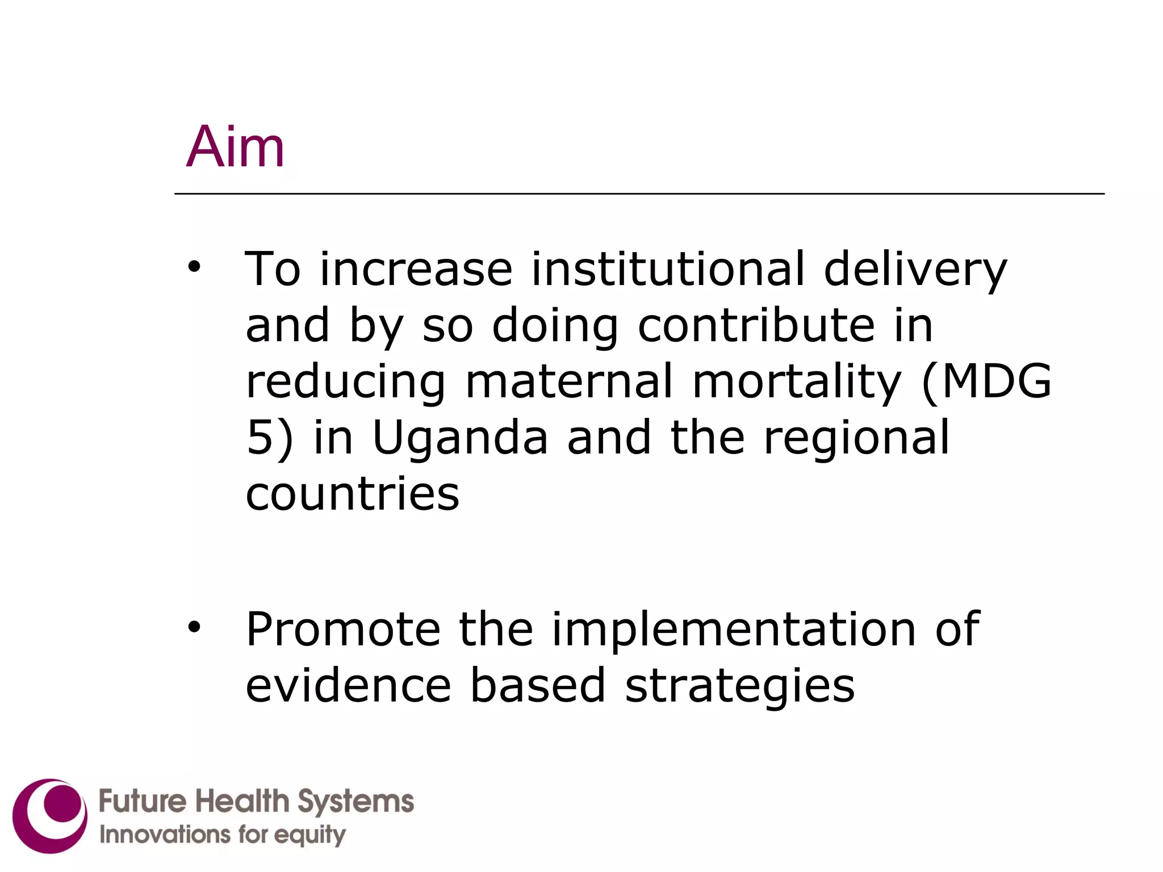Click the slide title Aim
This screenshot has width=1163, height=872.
[x=235, y=147]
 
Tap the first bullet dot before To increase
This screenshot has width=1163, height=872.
[x=195, y=266]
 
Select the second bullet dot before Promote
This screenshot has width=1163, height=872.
[x=195, y=627]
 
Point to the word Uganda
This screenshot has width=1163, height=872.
[x=460, y=439]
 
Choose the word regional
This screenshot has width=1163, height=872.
[x=856, y=439]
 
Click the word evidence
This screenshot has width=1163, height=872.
[x=348, y=685]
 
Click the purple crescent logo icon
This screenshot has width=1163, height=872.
[x=51, y=816]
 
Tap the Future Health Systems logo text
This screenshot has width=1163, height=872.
[x=256, y=802]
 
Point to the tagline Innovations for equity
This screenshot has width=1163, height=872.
[x=223, y=835]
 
